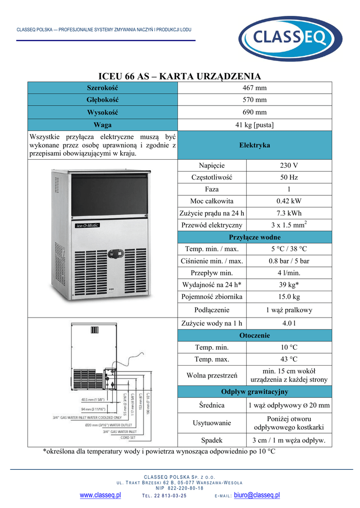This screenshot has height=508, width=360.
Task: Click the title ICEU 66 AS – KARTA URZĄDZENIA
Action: click(x=180, y=76)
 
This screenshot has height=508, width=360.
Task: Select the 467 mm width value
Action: click(x=254, y=88)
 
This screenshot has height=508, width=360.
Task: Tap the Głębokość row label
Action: click(x=103, y=100)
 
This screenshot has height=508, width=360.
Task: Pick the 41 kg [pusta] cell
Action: click(x=254, y=125)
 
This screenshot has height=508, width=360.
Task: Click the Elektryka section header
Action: click(x=254, y=145)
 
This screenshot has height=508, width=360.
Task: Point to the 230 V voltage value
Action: click(x=289, y=166)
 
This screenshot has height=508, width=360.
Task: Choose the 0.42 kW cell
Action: click(x=289, y=201)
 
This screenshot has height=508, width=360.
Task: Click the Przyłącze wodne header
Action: click(x=254, y=237)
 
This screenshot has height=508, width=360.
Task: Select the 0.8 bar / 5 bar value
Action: click(x=289, y=261)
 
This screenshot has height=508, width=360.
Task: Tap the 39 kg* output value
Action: click(x=289, y=285)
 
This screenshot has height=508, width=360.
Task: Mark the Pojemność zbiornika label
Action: click(x=212, y=297)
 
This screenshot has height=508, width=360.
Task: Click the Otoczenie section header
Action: click(x=254, y=335)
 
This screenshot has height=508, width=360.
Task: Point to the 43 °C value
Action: click(x=289, y=359)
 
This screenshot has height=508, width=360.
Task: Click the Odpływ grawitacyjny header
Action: click(x=254, y=392)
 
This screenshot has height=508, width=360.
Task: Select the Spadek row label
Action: click(x=212, y=440)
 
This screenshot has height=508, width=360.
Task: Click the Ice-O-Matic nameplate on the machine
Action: click(x=87, y=225)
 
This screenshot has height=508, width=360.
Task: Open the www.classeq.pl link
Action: click(x=100, y=495)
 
